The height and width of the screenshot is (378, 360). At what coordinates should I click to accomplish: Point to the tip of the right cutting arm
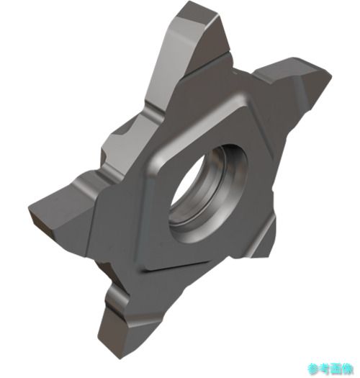(330, 75)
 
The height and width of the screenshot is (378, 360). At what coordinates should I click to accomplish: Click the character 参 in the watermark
(313, 369)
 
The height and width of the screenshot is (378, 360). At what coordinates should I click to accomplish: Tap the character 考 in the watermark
(325, 369)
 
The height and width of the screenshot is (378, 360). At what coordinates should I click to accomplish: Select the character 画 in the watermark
(336, 369)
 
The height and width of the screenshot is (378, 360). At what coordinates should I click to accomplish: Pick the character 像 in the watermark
(347, 369)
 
